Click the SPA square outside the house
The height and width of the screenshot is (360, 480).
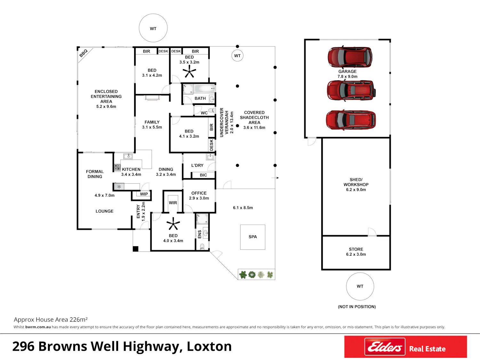click(252, 237)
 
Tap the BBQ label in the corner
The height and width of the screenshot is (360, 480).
click(83, 53)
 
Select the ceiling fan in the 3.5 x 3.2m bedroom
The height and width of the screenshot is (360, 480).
click(189, 72)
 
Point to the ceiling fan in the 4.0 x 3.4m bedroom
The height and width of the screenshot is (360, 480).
click(173, 224)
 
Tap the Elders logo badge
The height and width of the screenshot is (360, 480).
click(385, 347)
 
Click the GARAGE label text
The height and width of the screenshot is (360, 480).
click(347, 71)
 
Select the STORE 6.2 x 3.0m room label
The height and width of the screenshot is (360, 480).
click(356, 252)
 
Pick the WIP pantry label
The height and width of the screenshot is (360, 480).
click(144, 194)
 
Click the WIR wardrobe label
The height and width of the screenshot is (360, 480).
click(173, 203)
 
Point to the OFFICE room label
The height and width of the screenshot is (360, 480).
click(199, 193)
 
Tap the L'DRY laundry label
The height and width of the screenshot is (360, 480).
click(197, 165)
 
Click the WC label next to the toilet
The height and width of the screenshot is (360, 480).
click(204, 113)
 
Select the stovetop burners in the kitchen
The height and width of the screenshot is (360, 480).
click(117, 167)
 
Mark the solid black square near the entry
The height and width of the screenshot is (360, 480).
click(136, 249)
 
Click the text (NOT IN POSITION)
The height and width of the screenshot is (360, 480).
click(357, 307)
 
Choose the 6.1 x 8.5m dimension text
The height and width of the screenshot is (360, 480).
click(243, 208)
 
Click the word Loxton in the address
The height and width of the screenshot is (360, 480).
click(209, 347)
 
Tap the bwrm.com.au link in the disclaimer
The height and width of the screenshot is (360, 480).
click(38, 327)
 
